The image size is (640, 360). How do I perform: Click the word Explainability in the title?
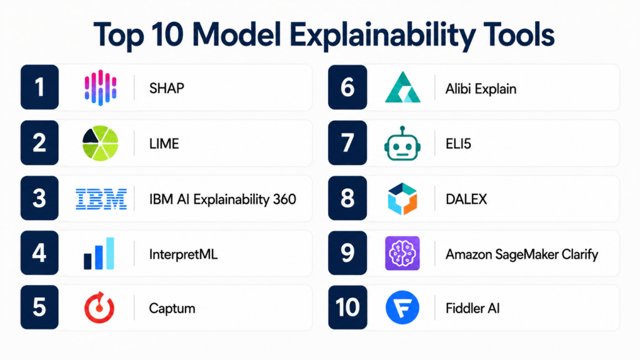382,35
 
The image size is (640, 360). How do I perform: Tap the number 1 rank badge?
39,87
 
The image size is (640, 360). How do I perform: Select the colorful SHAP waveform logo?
101,87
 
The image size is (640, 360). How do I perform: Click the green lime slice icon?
101,143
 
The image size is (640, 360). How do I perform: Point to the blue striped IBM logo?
101,199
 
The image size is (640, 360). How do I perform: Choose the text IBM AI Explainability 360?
222,199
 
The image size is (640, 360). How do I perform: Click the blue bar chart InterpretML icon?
99,254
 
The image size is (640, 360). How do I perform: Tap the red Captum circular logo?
99,307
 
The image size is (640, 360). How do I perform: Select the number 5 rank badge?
39,307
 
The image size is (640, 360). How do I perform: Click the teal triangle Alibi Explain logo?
402,87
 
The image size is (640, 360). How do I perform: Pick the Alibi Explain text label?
481,89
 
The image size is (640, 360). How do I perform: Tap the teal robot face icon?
402,143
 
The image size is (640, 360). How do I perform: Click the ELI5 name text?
458,144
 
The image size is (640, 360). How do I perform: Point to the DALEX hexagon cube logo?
402,199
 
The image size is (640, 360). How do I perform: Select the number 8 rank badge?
347,198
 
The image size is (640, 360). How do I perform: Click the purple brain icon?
402,253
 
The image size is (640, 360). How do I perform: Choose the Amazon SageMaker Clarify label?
522,255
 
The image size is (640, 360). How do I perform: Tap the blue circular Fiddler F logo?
402,307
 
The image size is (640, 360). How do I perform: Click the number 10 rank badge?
347,307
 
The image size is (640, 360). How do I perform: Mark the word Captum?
172,309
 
